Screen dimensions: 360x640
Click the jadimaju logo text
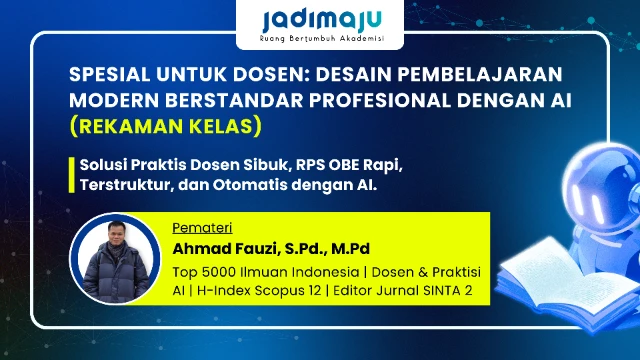[319, 19]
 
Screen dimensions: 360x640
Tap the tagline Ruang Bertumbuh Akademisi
[319, 41]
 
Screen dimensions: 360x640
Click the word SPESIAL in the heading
[112, 77]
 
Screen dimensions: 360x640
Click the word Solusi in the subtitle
[105, 164]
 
